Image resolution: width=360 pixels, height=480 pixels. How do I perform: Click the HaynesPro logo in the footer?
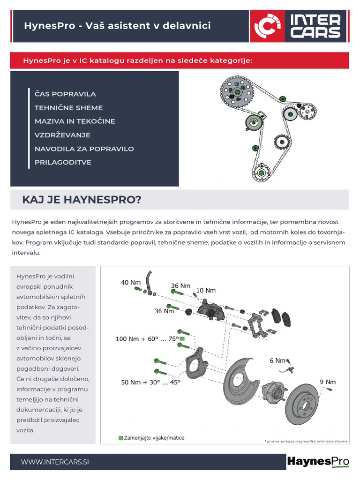click(x=318, y=462)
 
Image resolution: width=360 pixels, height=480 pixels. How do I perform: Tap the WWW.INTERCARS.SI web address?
click(x=55, y=462)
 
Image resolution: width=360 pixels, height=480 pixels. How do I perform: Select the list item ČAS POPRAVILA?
click(x=65, y=94)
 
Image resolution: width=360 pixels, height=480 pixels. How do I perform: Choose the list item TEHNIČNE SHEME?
click(x=68, y=108)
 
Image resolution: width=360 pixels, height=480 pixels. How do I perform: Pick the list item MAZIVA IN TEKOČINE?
click(x=75, y=121)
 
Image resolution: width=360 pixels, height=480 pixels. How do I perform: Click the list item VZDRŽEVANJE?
click(x=62, y=135)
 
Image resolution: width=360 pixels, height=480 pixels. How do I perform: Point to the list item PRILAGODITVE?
click(x=63, y=162)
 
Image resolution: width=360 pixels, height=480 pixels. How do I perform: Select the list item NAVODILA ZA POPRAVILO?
click(x=84, y=149)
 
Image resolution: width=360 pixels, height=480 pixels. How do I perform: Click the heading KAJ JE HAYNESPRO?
click(x=82, y=200)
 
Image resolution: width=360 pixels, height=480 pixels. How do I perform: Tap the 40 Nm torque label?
click(x=131, y=282)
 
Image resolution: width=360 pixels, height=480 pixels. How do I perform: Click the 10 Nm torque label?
click(x=206, y=290)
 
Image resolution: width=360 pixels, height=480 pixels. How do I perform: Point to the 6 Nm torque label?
click(x=277, y=360)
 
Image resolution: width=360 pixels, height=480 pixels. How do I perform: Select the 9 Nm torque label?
click(x=328, y=382)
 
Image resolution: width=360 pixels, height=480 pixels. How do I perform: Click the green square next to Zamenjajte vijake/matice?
click(x=121, y=438)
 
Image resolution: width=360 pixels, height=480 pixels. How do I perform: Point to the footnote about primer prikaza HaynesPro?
click(x=306, y=441)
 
